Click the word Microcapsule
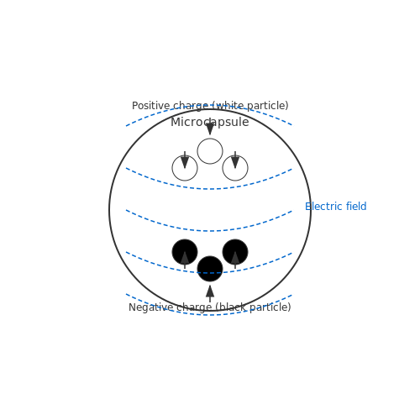210,122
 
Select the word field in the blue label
356,207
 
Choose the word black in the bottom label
230,307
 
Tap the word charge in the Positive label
191,106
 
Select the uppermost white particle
210,151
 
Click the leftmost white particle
185,168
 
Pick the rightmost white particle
235,168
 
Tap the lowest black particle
210,269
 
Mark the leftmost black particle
185,252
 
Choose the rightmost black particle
235,252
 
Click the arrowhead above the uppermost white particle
210,129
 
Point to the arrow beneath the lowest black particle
210,294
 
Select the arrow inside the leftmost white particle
185,160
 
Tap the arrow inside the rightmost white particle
235,160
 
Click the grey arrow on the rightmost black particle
235,260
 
